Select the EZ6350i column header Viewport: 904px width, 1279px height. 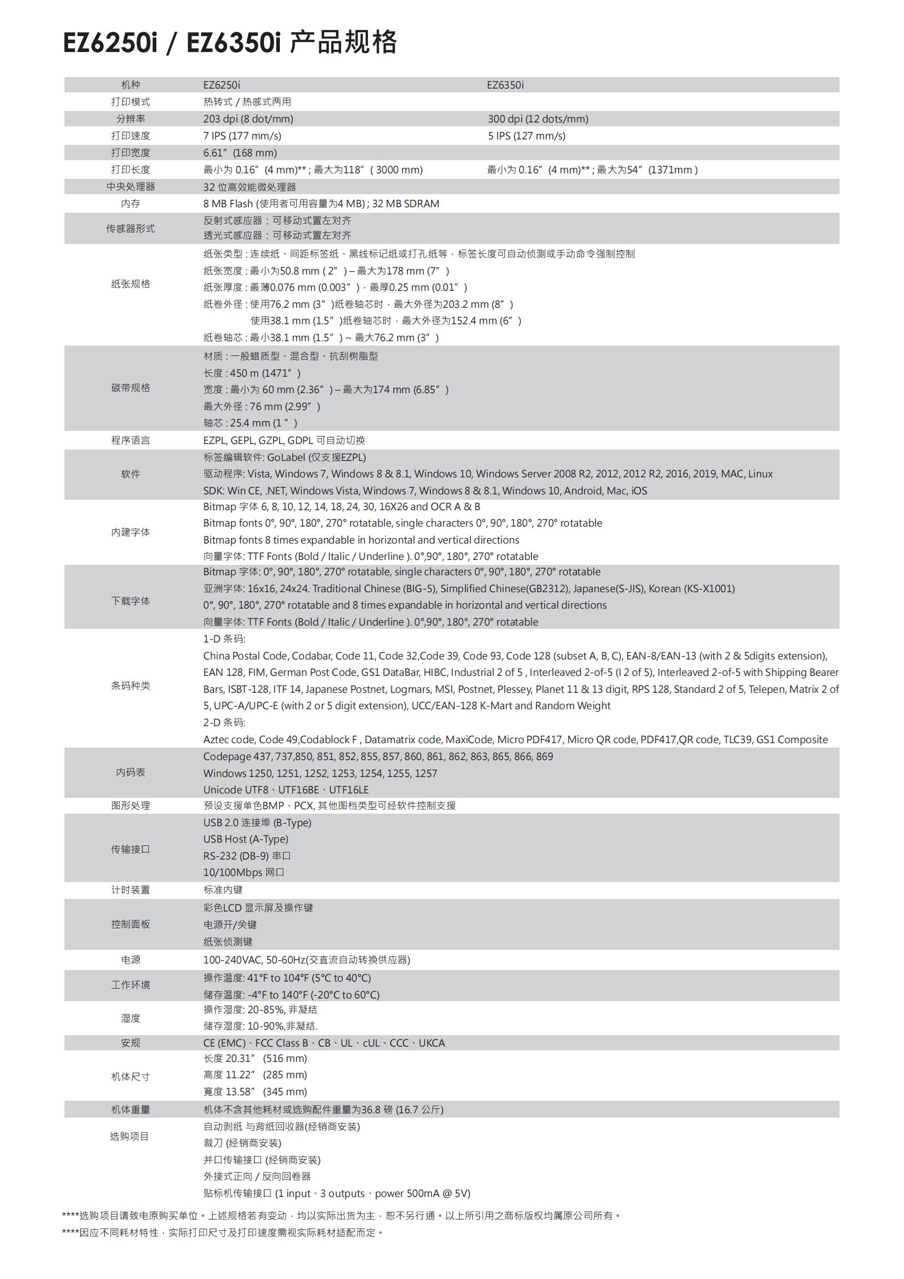click(x=505, y=85)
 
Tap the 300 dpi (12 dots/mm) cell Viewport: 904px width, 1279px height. click(x=538, y=119)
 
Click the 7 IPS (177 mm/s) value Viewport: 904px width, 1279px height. click(x=242, y=136)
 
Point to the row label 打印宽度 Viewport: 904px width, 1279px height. click(x=130, y=153)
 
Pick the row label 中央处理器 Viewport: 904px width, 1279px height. click(x=130, y=186)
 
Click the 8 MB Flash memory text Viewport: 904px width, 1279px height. click(x=321, y=204)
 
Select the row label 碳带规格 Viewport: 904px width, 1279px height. click(x=130, y=388)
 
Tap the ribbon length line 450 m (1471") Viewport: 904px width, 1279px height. click(x=251, y=373)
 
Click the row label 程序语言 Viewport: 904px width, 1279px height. click(x=130, y=441)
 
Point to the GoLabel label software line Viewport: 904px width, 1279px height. click(x=284, y=457)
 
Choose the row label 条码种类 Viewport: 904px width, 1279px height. click(x=130, y=686)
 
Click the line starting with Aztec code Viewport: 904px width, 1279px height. click(x=515, y=740)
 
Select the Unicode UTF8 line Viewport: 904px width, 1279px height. click(x=285, y=790)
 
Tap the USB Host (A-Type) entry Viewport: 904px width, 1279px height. click(x=245, y=839)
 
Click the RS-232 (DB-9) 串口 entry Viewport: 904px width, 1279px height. click(x=246, y=856)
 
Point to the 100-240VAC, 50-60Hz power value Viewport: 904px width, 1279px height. click(x=306, y=960)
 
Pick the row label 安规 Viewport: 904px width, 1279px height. click(x=130, y=1043)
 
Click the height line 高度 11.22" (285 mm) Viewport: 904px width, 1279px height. click(x=255, y=1075)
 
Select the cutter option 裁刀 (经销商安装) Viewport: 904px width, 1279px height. click(x=242, y=1143)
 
